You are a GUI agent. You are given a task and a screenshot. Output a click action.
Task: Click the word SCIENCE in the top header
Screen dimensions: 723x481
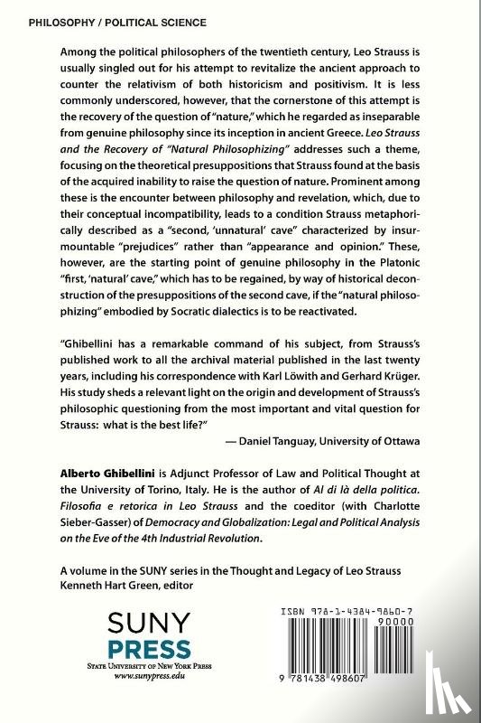click(x=177, y=21)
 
